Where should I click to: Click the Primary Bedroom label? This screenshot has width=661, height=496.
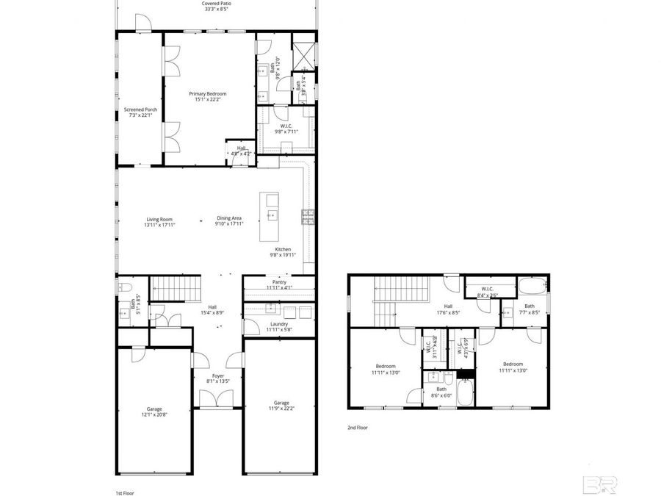[207, 93]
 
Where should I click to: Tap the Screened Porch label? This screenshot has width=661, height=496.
[140, 109]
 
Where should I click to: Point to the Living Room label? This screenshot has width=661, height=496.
[159, 219]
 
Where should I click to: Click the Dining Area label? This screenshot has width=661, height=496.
[228, 219]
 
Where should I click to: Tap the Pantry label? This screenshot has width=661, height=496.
[279, 281]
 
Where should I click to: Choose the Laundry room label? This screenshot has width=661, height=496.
[279, 324]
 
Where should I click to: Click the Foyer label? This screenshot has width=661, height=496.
[218, 375]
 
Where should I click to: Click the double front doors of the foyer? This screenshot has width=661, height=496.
[217, 398]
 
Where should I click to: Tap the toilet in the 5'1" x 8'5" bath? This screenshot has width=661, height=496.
[124, 287]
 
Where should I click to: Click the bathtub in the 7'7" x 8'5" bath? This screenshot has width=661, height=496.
[531, 285]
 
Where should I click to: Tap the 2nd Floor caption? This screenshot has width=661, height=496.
[358, 427]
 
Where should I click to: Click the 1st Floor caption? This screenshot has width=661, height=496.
[124, 493]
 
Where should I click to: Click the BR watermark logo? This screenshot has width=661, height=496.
[600, 484]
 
